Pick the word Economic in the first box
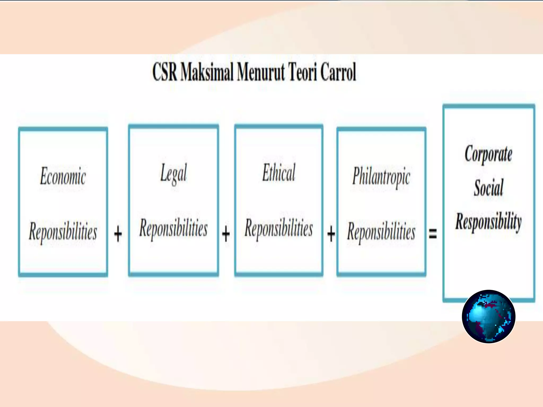[x=63, y=176]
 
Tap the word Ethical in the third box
[x=279, y=173]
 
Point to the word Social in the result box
[x=488, y=188]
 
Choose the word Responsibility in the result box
[x=488, y=221]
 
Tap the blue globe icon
[x=488, y=316]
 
